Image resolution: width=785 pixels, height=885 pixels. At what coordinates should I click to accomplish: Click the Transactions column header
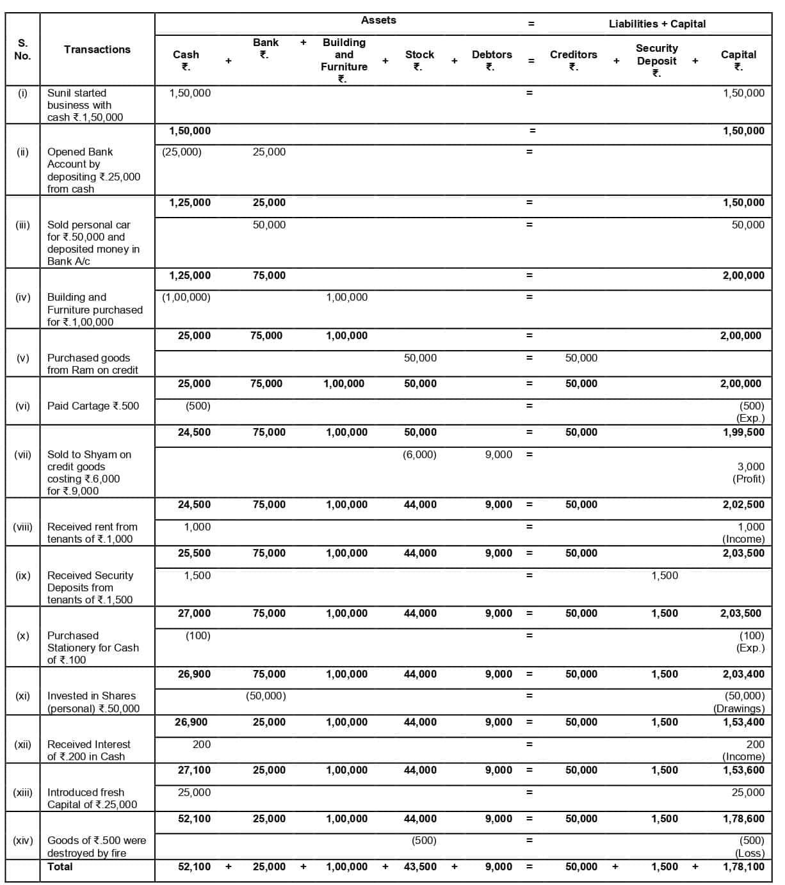point(97,49)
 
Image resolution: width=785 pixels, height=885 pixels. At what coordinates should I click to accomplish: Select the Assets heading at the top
point(378,20)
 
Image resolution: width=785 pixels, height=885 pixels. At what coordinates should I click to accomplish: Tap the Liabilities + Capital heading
point(657,24)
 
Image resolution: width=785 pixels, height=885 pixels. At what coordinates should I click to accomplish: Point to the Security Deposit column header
point(656,60)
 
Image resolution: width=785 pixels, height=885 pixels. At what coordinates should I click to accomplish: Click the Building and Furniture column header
point(344,60)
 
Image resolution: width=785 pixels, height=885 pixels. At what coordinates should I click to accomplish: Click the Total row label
point(60,866)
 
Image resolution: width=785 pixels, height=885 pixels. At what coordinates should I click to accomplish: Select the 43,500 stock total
point(420,866)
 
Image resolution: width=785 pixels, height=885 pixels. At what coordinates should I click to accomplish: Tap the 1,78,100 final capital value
point(743,866)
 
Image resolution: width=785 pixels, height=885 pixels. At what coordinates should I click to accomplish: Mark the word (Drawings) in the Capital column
point(739,708)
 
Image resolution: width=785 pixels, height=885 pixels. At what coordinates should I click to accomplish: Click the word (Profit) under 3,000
point(749,479)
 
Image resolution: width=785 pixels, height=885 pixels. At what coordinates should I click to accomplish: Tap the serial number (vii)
point(23,454)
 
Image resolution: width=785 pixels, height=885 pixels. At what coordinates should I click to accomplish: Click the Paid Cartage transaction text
point(93,406)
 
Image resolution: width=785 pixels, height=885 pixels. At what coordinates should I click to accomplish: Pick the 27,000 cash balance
point(194,613)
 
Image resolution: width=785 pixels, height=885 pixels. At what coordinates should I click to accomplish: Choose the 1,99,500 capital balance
point(743,432)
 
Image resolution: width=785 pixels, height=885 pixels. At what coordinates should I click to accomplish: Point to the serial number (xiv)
point(23,840)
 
